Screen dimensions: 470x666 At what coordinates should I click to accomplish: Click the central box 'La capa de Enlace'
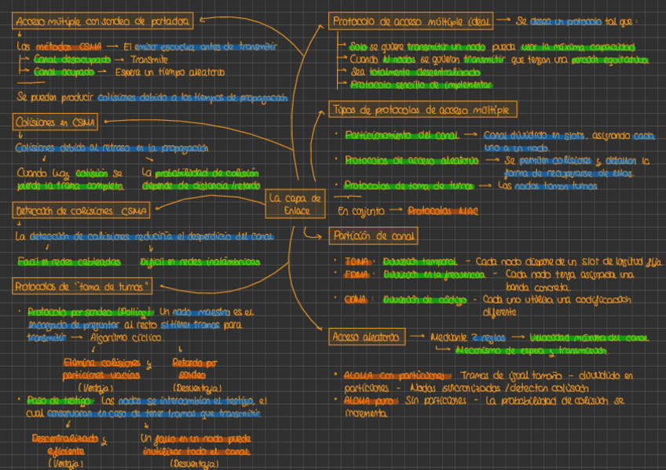[295, 204]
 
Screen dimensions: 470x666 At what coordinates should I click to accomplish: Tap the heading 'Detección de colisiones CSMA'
[82, 210]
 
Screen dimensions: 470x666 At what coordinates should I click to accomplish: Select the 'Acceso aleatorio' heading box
[367, 337]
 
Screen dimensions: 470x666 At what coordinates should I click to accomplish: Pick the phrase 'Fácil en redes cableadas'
[69, 261]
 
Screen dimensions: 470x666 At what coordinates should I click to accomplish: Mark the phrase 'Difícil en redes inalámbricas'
[200, 261]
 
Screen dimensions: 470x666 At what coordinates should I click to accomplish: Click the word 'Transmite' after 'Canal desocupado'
[149, 60]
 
